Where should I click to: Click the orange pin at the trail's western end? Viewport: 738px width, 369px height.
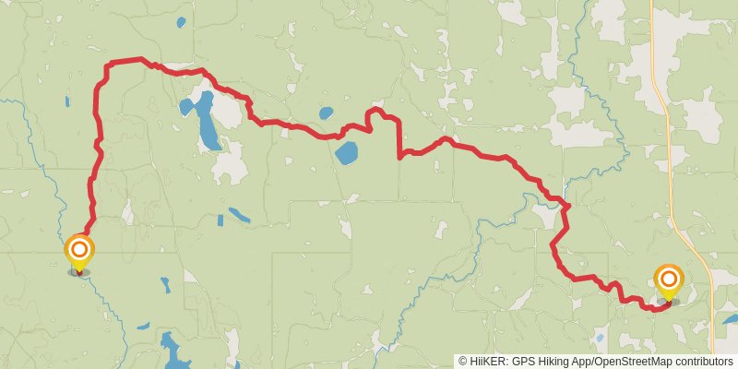(79, 251)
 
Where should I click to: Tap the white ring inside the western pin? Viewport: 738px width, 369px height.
(79, 248)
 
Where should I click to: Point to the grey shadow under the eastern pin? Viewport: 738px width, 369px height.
(672, 301)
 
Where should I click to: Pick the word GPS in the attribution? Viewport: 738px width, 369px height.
(522, 362)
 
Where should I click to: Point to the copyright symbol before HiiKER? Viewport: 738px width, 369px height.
(463, 362)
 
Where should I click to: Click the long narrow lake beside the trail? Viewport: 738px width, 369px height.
(206, 120)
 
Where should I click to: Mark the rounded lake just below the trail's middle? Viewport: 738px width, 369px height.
(347, 152)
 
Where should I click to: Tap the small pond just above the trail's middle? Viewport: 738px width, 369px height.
(325, 114)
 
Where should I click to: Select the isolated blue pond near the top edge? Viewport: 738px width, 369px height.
(181, 21)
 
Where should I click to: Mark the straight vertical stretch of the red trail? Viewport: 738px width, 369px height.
(399, 138)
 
